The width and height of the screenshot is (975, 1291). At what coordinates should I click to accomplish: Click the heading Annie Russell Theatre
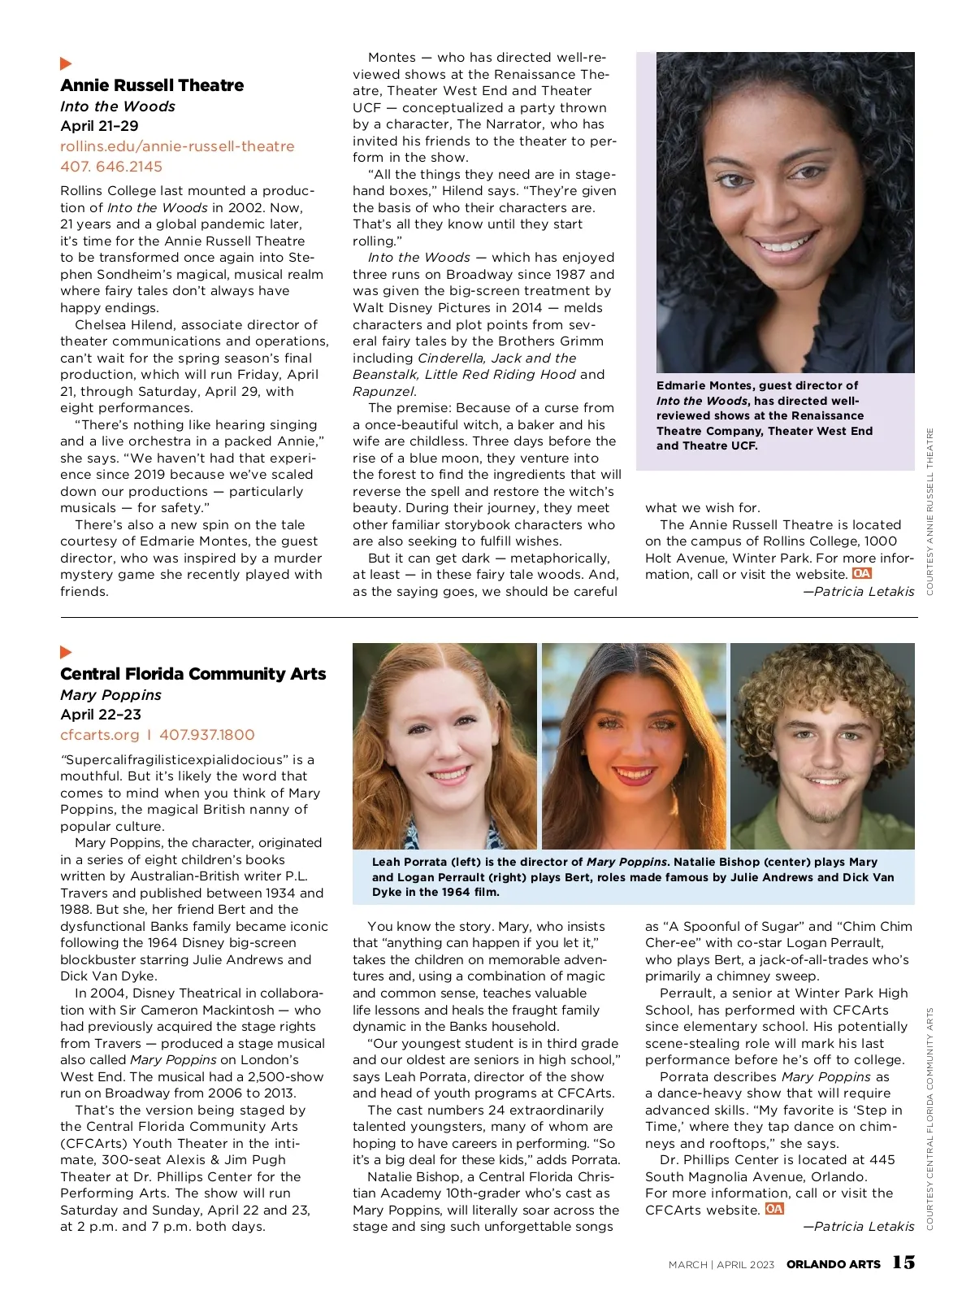pos(152,85)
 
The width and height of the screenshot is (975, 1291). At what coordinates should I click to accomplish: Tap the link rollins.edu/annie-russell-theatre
pos(177,146)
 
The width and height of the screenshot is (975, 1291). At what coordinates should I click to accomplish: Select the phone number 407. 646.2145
pos(111,167)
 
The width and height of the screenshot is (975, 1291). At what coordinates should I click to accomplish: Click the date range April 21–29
pos(99,126)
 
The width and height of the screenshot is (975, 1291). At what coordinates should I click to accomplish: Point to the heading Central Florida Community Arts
pos(193,674)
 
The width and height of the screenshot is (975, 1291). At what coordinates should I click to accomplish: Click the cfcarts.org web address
pos(100,735)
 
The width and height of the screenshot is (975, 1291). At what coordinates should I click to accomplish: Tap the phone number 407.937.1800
pos(206,735)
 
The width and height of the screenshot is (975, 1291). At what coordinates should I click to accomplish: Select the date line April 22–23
pos(101,715)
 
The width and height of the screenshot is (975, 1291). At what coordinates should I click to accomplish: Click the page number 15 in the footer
pos(903,1262)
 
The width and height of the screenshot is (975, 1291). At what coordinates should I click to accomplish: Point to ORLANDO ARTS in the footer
pos(833,1264)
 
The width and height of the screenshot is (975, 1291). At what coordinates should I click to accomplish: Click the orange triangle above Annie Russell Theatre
pos(66,63)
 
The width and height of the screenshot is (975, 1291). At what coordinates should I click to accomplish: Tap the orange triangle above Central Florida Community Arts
pos(66,652)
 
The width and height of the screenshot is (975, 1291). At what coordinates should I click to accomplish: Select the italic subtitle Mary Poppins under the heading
pos(110,695)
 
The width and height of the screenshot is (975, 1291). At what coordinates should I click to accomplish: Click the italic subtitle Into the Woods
pos(118,106)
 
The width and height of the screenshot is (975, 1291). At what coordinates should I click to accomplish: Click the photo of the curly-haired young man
pos(822,745)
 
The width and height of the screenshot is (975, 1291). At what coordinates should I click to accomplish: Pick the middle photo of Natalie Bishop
pos(634,745)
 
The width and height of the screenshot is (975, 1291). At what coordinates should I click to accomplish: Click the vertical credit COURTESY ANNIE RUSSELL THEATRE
pos(930,511)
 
